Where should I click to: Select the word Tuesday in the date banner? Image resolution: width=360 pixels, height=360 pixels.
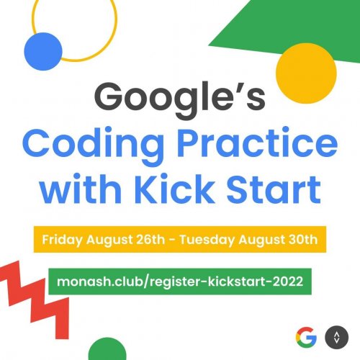[215, 238]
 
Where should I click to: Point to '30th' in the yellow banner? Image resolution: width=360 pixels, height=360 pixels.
[302, 238]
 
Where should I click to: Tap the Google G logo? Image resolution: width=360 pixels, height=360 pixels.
[306, 336]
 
